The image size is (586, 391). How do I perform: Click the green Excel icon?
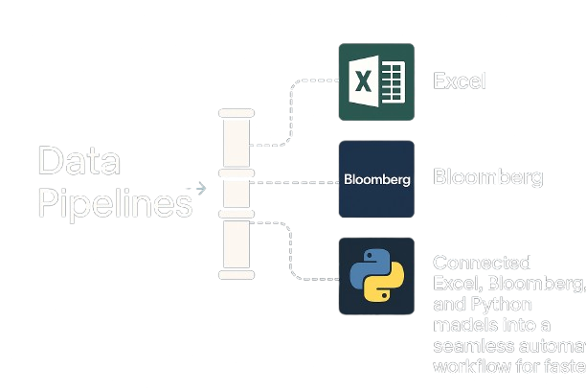[x=376, y=81]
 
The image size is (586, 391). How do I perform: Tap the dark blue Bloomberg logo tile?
[x=376, y=179]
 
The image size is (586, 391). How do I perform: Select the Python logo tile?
[x=376, y=277]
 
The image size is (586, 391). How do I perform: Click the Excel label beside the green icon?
[x=460, y=81]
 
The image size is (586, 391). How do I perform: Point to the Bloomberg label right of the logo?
[x=487, y=177]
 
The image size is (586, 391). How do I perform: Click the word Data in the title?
[x=79, y=161]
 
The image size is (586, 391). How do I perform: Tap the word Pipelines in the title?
[x=115, y=203]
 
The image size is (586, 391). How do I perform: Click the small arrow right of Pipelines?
[x=201, y=188]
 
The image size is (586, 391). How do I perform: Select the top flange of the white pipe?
[x=237, y=113]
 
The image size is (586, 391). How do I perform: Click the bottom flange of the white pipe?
[x=237, y=275]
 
